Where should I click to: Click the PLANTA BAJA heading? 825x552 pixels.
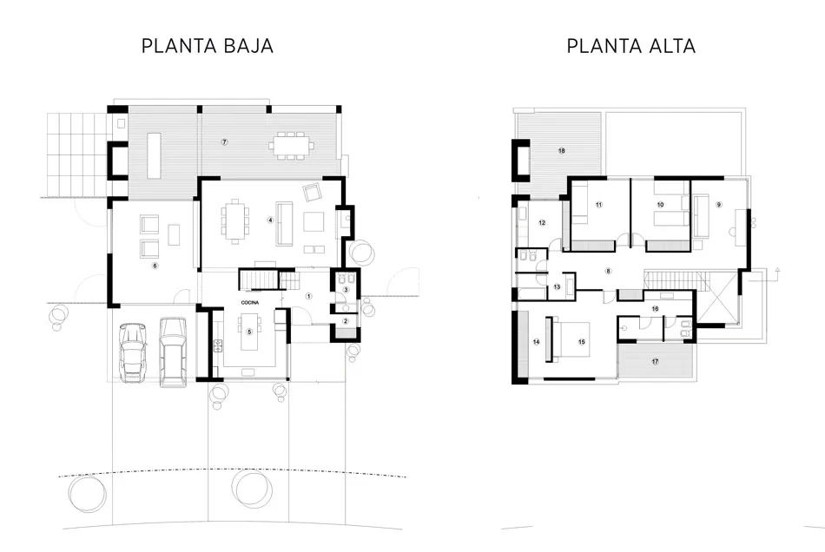click(x=208, y=46)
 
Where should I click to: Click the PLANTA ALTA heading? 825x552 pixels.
click(x=630, y=46)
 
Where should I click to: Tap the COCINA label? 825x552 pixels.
click(x=250, y=303)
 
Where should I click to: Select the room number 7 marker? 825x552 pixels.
click(x=225, y=142)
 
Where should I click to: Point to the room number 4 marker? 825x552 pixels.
click(x=270, y=220)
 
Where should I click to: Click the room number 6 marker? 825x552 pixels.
click(x=155, y=266)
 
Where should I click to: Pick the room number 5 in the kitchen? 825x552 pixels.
click(x=249, y=332)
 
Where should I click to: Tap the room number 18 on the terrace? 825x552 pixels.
click(x=561, y=151)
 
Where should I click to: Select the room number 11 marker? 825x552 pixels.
click(x=598, y=205)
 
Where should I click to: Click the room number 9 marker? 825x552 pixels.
click(x=719, y=205)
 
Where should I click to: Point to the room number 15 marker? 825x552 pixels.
click(x=581, y=342)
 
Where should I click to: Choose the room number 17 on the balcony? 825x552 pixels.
click(x=655, y=362)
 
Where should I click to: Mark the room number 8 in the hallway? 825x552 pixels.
click(x=608, y=272)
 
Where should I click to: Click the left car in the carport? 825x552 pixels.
click(x=133, y=352)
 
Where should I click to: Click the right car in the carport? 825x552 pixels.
click(x=173, y=352)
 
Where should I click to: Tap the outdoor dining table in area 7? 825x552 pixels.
click(x=290, y=145)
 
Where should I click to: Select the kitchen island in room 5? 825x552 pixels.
click(x=250, y=332)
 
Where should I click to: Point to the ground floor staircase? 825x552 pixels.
click(x=269, y=279)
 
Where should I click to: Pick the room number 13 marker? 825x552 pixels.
click(x=557, y=287)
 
